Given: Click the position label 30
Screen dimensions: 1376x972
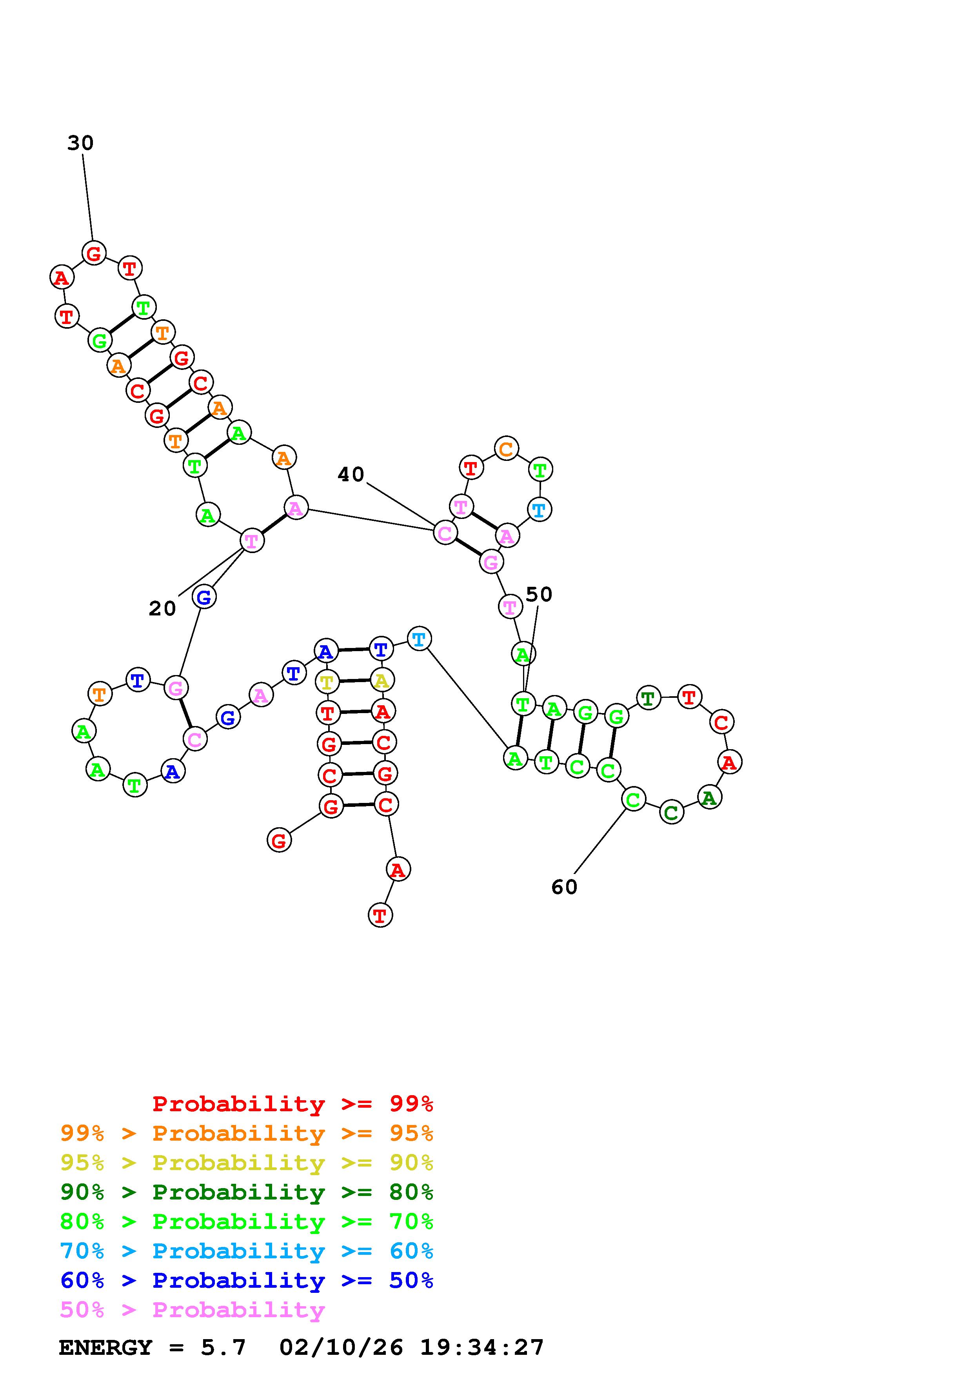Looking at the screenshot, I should pos(80,143).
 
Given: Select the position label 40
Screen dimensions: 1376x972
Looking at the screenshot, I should pos(351,475).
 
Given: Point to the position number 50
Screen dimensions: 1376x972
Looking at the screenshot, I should pos(538,595).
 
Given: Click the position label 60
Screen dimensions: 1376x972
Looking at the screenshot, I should pos(564,887).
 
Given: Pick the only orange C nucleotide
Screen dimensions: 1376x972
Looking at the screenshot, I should pos(506,448).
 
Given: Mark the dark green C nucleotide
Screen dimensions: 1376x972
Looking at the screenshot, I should pos(671,813).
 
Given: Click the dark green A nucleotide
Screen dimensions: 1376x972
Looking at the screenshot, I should pos(709,798).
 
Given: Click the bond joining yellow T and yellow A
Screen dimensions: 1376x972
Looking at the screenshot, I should pos(354,681).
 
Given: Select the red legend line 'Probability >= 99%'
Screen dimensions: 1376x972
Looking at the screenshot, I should pos(292,1104).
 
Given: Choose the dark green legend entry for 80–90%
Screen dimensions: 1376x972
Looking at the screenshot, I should pos(246,1192).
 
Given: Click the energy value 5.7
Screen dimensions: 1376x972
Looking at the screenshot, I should pos(223,1348).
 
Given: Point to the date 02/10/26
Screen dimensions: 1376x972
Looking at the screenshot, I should pos(342,1348).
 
